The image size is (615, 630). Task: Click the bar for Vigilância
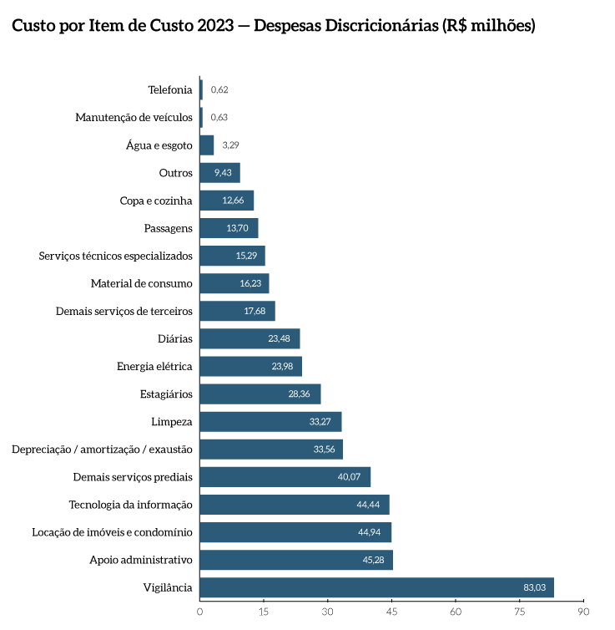point(376,587)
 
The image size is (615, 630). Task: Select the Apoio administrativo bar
point(295,560)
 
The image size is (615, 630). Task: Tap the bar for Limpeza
point(270,422)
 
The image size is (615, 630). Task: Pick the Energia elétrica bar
point(250,367)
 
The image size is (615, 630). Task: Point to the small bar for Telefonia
point(201,89)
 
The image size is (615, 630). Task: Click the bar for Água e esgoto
point(206,145)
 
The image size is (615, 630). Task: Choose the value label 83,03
point(534,588)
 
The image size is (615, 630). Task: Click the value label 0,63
point(219,118)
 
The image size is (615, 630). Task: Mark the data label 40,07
point(349,477)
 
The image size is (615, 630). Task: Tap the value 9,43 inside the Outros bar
point(223,173)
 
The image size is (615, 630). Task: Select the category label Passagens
point(169,228)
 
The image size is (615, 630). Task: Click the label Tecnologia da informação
point(130,505)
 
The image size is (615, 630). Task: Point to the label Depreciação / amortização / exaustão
point(102,450)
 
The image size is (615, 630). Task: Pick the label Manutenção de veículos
point(134,118)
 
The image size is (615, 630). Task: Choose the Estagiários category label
point(166,394)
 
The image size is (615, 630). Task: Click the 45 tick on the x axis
point(392,612)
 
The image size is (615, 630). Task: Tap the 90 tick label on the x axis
point(584,612)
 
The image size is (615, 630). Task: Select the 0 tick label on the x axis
point(199,612)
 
